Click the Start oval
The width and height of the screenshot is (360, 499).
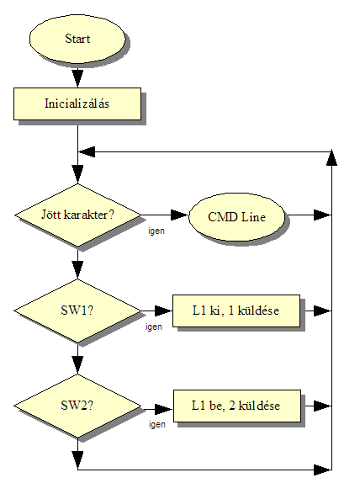tap(77, 39)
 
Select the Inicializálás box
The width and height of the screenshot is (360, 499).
tap(77, 104)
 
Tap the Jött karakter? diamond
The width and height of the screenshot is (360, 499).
tap(77, 215)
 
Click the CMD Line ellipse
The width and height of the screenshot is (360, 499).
tap(236, 217)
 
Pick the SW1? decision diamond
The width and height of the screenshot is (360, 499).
tap(77, 311)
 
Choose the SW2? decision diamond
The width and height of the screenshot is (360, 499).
tap(77, 406)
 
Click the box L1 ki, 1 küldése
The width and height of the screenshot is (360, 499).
tap(236, 311)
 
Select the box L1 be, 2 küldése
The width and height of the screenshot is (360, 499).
tap(237, 406)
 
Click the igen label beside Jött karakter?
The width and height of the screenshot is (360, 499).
tap(156, 231)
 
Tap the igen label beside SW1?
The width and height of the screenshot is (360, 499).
tap(154, 326)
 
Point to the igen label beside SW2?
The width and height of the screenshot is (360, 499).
tap(157, 424)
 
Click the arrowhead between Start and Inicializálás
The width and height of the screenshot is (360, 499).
tap(77, 78)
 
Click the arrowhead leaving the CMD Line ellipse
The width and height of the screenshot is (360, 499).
tap(323, 215)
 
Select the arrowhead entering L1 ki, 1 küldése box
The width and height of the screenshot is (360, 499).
tap(163, 311)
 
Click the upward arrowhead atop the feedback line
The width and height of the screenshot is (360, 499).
tap(331, 157)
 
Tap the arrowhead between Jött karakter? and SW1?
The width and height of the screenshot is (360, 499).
tap(77, 270)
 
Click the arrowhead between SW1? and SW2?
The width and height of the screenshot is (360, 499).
tap(77, 365)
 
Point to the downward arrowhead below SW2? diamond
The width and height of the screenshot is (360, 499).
tap(77, 459)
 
